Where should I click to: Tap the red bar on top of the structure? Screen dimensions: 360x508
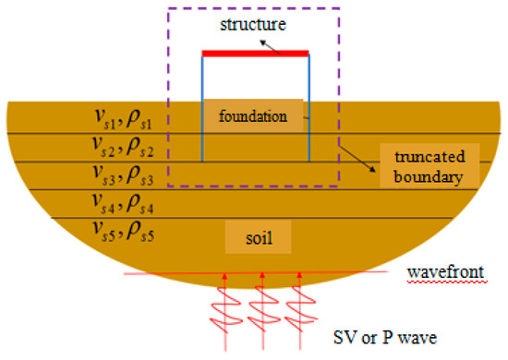click(255, 54)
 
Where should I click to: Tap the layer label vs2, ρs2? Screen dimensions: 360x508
click(127, 145)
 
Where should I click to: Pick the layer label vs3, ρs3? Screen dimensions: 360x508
click(127, 173)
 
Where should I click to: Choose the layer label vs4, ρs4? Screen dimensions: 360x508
click(127, 200)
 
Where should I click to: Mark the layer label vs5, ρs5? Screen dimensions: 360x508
click(127, 228)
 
